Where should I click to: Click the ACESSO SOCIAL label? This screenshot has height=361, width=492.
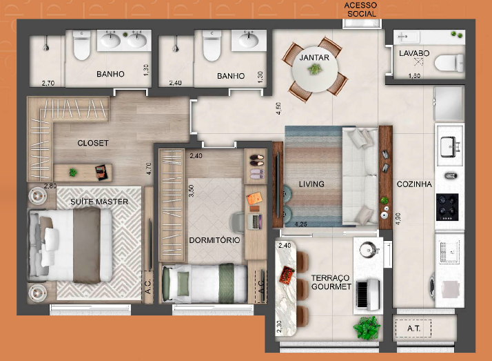pos(360,10)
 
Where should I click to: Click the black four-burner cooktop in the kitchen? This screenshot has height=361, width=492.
pos(447,207)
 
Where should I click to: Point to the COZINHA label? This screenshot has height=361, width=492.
pos(414,184)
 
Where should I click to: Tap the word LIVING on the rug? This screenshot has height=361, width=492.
pos(311,184)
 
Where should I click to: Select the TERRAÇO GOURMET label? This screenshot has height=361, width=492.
pos(331,282)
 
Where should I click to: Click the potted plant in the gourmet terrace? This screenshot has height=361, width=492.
pos(367,328)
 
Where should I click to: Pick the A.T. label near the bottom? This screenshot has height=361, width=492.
pos(413,329)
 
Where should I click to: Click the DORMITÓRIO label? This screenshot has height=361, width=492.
pos(214,240)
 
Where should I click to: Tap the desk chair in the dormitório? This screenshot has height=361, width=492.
pos(238,221)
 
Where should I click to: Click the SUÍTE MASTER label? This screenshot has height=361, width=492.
pos(99,202)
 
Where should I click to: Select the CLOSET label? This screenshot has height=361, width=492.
pos(93,143)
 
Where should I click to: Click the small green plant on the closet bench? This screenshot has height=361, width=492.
pos(73,172)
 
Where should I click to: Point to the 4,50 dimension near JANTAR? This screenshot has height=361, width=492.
pos(278,108)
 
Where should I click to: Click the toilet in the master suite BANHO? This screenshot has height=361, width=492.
pos(82,45)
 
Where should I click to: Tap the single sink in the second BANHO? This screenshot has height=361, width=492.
pos(249,40)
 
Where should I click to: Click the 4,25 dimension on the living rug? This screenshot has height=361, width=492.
pos(300,224)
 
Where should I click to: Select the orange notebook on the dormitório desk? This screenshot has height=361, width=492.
pos(254,198)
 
